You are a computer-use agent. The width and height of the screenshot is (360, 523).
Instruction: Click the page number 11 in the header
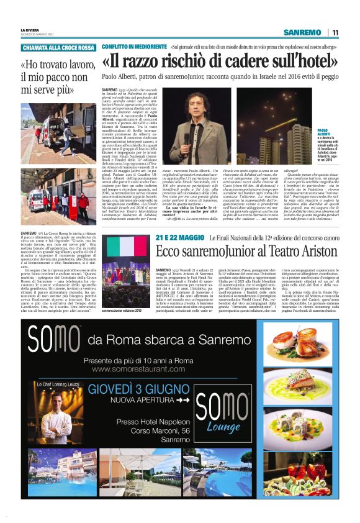335,32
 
